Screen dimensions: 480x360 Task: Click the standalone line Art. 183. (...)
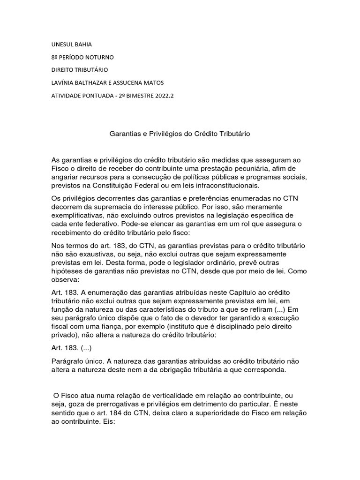72,348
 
